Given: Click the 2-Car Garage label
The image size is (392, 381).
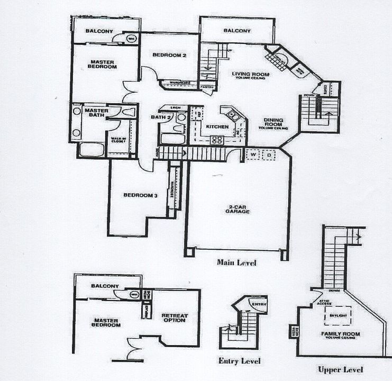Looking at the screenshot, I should tap(236, 209).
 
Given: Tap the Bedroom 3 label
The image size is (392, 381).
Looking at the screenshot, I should tap(140, 195).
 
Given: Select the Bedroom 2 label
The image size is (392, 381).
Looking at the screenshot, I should tap(170, 55).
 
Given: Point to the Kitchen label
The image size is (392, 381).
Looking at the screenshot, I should tap(217, 127).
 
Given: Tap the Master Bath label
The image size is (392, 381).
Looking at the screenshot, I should tap(96, 113).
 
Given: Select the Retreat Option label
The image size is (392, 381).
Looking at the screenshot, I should tap(174, 317).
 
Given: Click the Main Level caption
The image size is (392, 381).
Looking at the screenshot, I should tap(236, 262).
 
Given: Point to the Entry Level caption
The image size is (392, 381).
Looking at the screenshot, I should tap(239, 361).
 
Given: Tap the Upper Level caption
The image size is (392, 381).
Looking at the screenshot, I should tap(340, 369).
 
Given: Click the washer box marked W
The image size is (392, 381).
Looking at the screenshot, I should tap(253, 155).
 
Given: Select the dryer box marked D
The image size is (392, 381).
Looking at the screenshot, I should tap(268, 155).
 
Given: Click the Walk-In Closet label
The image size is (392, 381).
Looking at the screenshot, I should tap(117, 141).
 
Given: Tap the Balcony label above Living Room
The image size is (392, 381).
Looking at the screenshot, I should tap(236, 31).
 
